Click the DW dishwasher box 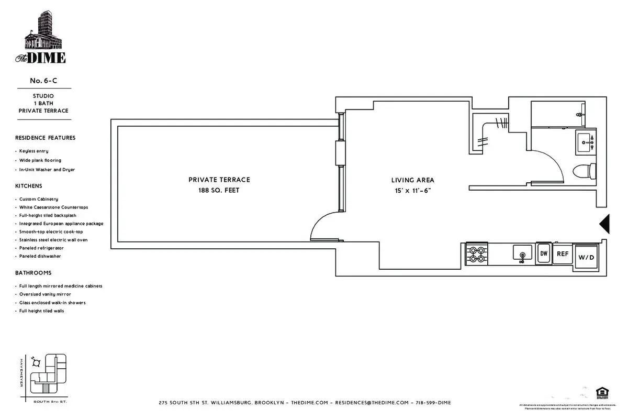coord(544,253)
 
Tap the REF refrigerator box coord(563,254)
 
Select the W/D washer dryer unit coord(585,257)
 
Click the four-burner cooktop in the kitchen coord(477,254)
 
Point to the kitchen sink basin coord(522,254)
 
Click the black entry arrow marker coord(604,224)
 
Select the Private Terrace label coord(219,180)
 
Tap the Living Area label coord(412,180)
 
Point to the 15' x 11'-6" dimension coord(413,191)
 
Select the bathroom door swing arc coord(552,162)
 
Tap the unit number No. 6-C coord(43,81)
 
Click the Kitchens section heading coord(29,186)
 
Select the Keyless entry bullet coord(34,151)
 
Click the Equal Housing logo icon coord(600,392)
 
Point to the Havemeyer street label coord(21,372)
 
